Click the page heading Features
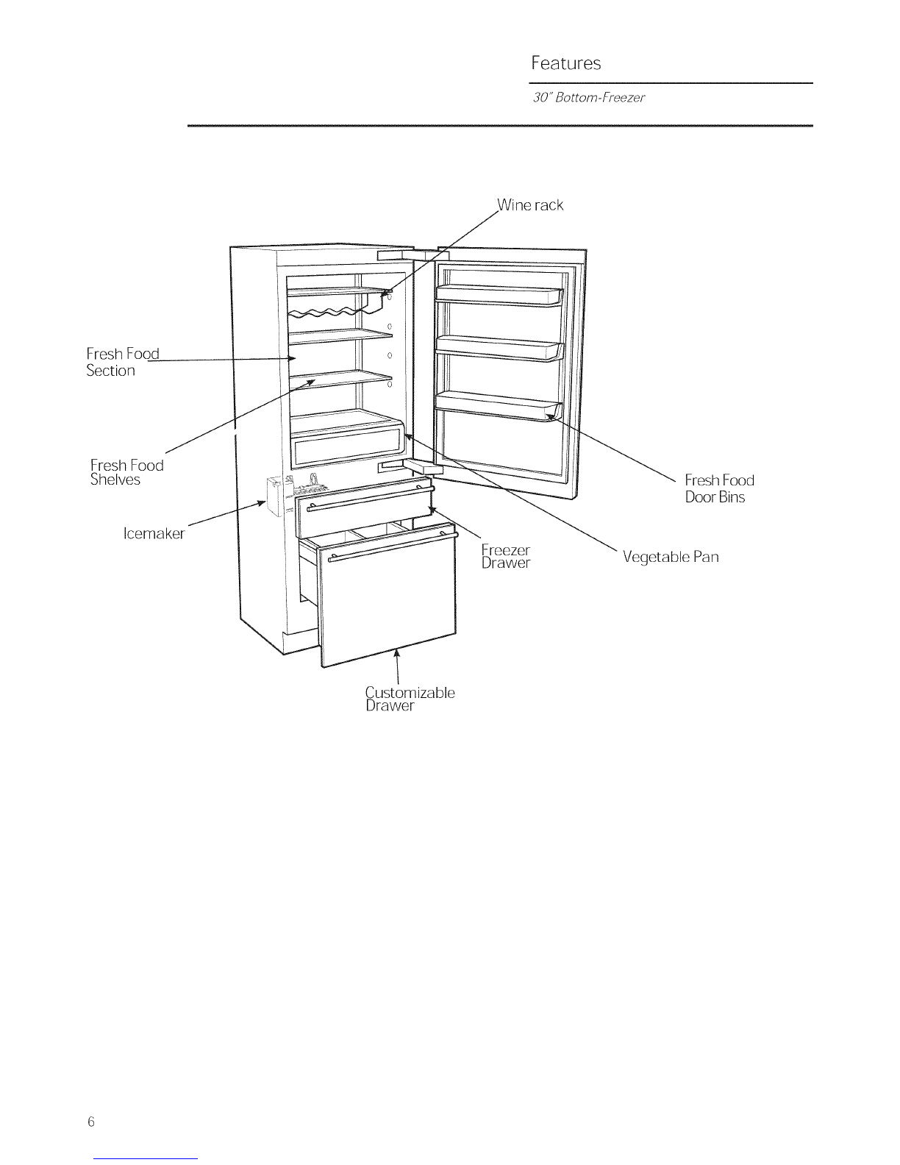tap(565, 63)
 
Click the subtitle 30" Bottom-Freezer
tap(588, 98)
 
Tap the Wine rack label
tap(530, 204)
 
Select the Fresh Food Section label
tap(123, 362)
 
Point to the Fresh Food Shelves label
tap(127, 472)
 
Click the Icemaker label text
tap(154, 533)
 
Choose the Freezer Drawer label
tap(505, 557)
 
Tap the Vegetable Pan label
tap(671, 557)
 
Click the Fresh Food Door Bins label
tap(719, 488)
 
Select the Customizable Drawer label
tap(410, 699)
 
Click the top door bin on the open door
tap(499, 296)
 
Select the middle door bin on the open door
tap(499, 349)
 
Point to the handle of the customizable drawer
tap(393, 547)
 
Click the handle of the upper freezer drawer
tap(371, 499)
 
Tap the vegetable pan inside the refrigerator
tap(346, 438)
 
